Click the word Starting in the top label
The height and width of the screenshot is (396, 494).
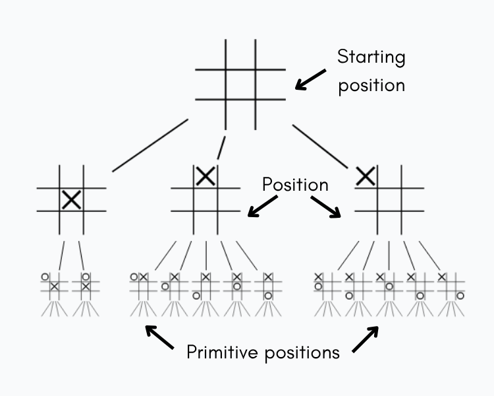point(371,57)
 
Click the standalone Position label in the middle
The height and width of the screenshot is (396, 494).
point(295,184)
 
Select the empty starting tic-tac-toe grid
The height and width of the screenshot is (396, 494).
point(240,84)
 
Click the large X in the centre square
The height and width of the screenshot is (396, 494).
point(71,199)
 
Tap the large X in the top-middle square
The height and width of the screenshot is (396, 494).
point(206,176)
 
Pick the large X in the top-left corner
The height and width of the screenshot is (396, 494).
point(366,176)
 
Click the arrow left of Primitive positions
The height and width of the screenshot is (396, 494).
point(159,338)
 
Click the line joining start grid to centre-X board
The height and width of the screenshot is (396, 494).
point(150,145)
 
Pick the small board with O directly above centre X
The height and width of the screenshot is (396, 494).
point(85,285)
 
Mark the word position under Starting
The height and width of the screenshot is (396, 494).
point(371,86)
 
